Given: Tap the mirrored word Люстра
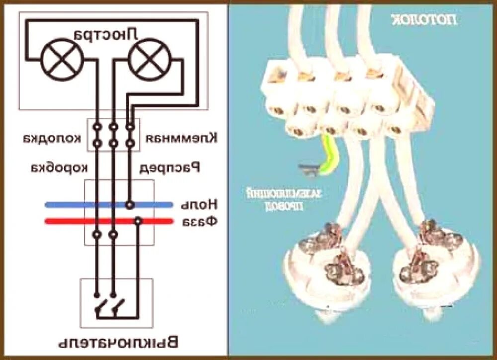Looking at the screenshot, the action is coord(105,34).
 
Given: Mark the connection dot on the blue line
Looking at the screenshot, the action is coord(130,204).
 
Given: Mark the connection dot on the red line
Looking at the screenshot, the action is coord(138,221).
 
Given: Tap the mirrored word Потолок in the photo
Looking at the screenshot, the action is coord(423,19).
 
